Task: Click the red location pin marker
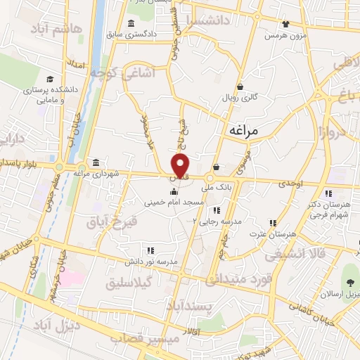[181, 166]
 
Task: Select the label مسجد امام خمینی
[174, 202]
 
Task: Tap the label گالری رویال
[241, 98]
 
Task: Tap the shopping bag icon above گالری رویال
[240, 87]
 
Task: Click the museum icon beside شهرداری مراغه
[96, 162]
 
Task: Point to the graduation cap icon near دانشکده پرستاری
[50, 79]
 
